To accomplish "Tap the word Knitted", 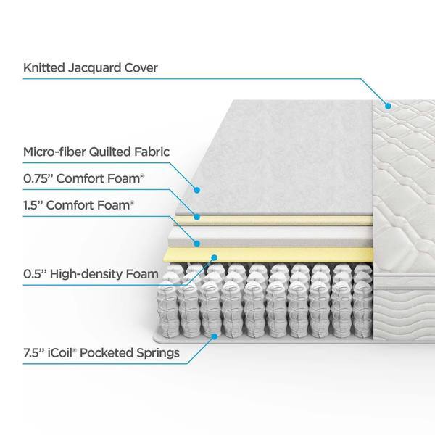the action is [x=44, y=67].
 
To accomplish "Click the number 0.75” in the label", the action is [x=38, y=178].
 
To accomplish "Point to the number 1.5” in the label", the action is [x=33, y=205].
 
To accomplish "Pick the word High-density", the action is [x=86, y=274].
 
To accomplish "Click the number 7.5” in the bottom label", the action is [x=34, y=353].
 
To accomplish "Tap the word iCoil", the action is [x=62, y=353].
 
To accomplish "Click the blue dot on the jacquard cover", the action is [x=388, y=106].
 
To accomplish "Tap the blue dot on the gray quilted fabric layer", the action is [x=197, y=190].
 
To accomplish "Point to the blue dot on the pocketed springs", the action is [x=214, y=336].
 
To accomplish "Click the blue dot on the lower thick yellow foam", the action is [x=214, y=257].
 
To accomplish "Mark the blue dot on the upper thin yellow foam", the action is [x=197, y=217].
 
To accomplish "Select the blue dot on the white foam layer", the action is [x=197, y=244].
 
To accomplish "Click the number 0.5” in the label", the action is [x=35, y=274].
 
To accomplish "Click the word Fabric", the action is [x=152, y=152].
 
